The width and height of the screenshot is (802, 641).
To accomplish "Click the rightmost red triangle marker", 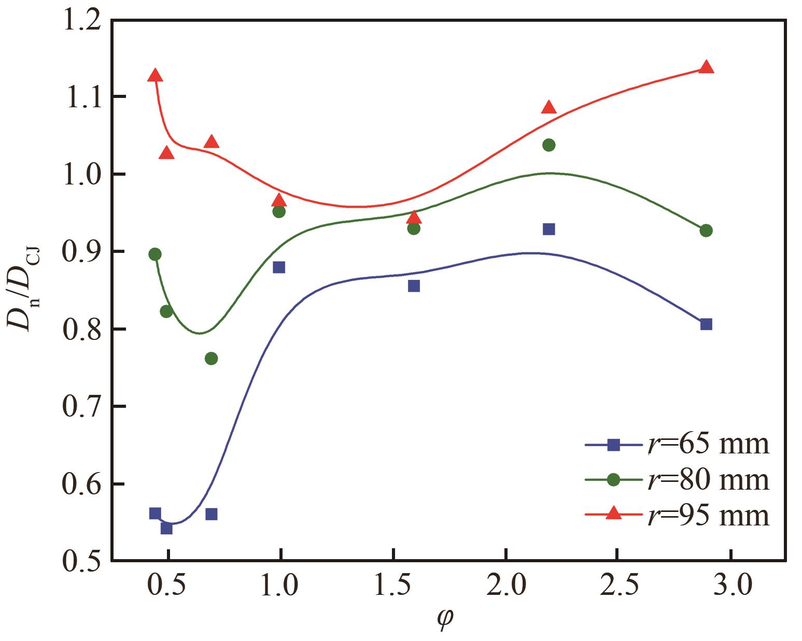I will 706,67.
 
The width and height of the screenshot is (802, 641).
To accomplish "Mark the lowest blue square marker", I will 166,528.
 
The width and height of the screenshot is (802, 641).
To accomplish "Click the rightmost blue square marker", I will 706,324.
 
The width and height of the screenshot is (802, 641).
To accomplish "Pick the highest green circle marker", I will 548,145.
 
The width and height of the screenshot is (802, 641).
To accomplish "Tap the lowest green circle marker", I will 211,358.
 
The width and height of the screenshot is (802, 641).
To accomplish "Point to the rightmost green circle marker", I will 706,231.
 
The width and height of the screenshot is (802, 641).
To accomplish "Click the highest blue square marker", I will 548,229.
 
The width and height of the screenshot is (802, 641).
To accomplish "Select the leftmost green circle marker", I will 155,254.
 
